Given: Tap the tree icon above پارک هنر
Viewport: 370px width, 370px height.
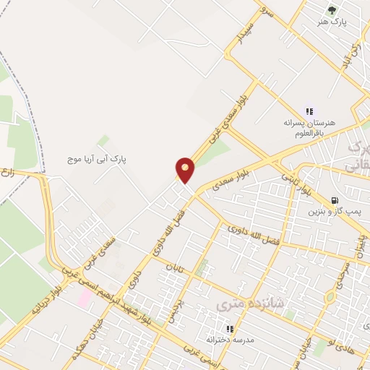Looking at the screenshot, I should (x=332, y=10).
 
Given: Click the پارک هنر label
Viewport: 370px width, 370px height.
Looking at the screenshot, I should (x=332, y=22).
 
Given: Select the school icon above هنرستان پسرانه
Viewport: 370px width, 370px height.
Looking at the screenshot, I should (x=309, y=111).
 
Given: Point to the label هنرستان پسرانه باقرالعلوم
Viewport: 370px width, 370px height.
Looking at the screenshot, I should (x=310, y=128).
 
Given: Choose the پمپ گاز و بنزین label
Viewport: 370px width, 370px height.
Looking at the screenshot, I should (x=333, y=212).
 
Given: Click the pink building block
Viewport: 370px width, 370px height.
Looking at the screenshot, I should (x=85, y=298).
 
